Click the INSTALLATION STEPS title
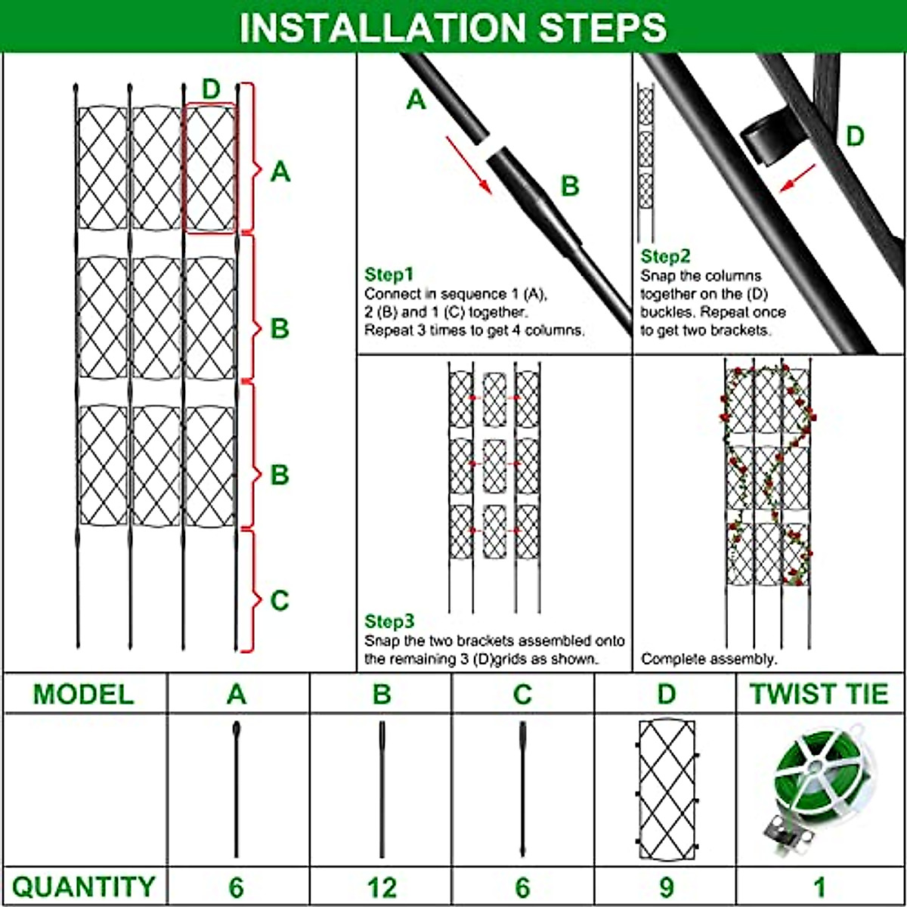[453, 27]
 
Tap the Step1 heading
[389, 274]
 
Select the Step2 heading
[665, 256]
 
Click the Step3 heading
[389, 621]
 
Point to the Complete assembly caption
[708, 659]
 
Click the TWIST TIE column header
[819, 694]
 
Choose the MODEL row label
[83, 694]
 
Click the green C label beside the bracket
[280, 600]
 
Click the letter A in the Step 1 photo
[416, 100]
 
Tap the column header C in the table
[522, 694]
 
